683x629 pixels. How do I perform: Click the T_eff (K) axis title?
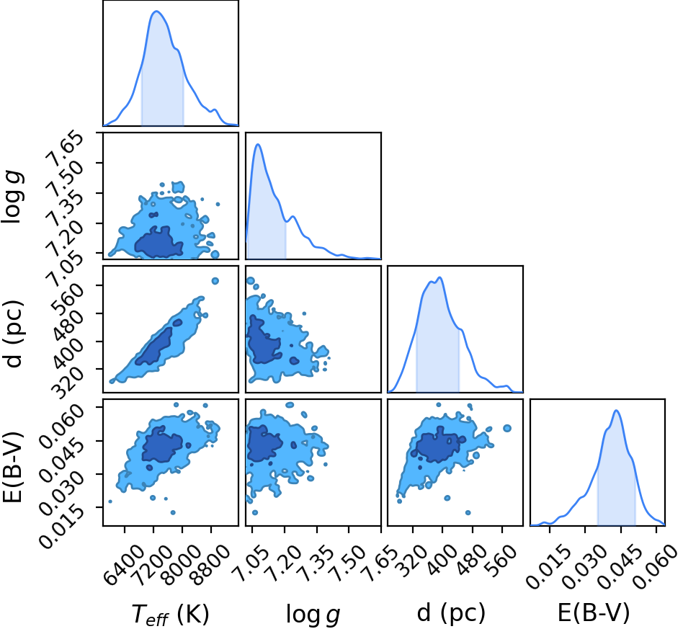coord(170,615)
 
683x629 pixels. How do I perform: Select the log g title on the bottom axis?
coord(313,615)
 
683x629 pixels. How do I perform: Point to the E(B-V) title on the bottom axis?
coord(594,613)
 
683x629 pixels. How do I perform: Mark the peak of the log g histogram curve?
coord(258,144)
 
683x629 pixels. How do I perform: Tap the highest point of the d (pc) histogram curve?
coord(440,277)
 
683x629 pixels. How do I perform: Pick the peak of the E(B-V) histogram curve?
coord(616,411)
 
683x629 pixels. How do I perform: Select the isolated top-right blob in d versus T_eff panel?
coord(215,281)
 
